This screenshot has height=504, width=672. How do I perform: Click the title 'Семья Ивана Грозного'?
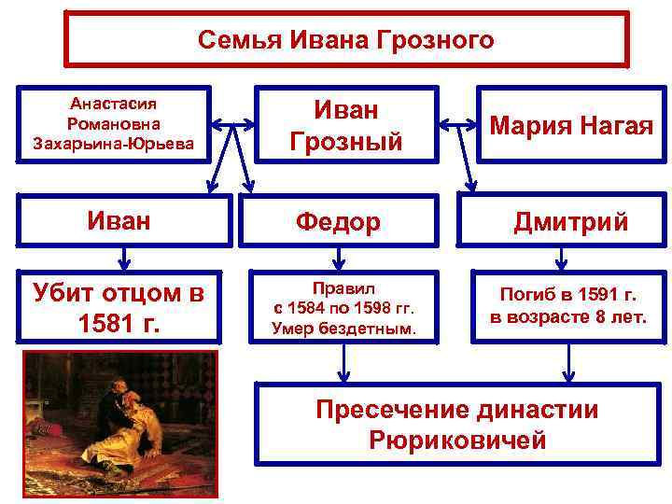click(346, 40)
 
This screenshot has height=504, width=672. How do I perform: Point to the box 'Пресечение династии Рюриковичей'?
click(456, 425)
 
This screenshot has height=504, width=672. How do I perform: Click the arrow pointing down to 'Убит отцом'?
click(121, 255)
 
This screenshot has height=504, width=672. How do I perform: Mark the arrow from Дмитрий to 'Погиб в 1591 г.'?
click(560, 255)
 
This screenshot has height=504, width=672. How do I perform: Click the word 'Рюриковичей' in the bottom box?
click(457, 441)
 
